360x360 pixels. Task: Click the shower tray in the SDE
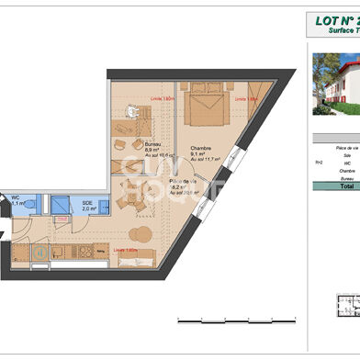tap(63, 206)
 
